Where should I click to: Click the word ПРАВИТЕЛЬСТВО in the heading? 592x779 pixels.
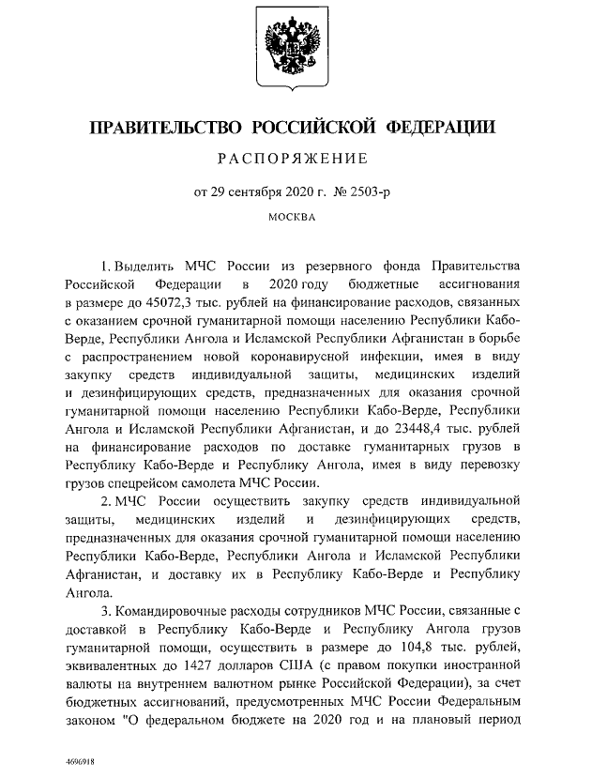pyautogui.click(x=154, y=128)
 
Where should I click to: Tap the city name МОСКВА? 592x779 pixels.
pyautogui.click(x=294, y=218)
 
